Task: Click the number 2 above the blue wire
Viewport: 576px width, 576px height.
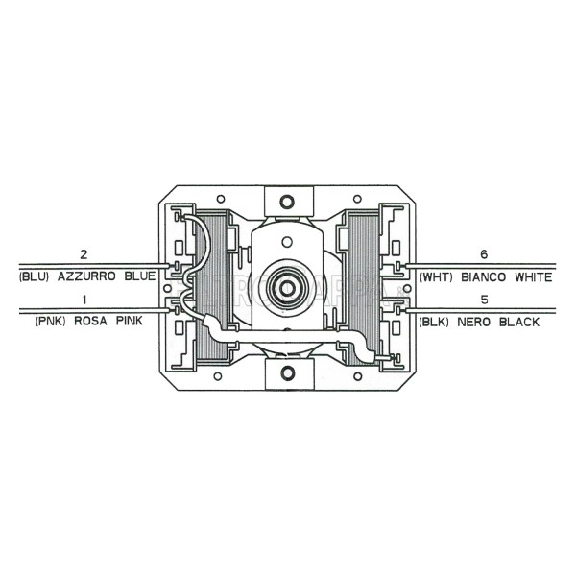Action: point(84,254)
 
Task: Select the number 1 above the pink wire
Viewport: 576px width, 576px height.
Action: point(84,300)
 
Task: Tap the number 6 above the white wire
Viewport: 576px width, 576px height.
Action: point(484,254)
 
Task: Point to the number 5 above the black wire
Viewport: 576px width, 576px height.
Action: point(484,300)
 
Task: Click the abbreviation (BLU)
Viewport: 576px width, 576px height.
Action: point(36,276)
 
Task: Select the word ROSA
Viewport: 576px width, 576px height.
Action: point(91,323)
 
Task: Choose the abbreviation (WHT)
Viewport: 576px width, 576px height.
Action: point(438,276)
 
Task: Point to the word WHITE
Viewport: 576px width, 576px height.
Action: point(533,276)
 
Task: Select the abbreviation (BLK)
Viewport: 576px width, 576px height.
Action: point(438,323)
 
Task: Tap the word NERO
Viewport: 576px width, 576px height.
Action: point(479,323)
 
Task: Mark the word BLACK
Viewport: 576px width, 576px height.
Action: point(519,323)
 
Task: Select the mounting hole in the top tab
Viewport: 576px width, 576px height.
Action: point(287,202)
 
